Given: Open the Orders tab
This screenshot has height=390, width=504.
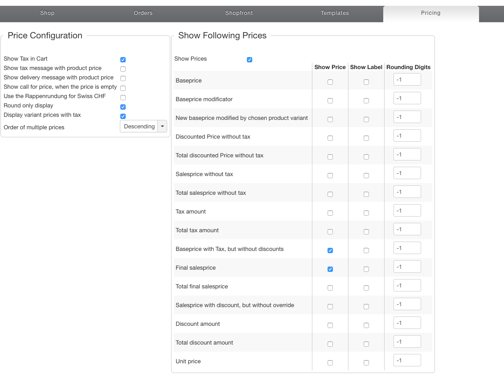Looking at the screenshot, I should [143, 13].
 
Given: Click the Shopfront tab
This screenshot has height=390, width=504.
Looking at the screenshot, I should [239, 13].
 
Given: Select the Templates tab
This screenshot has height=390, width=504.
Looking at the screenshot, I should [335, 13].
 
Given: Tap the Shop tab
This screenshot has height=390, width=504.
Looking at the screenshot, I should [47, 13].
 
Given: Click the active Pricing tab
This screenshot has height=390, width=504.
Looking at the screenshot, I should [430, 13].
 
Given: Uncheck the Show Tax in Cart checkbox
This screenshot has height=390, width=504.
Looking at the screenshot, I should [123, 60].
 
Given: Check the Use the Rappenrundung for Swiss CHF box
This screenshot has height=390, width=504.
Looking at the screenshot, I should [123, 98].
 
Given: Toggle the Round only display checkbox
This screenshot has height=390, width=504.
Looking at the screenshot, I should [123, 107].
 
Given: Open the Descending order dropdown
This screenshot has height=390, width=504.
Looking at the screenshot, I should [143, 127].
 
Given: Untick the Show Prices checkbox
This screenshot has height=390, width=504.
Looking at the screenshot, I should [250, 60].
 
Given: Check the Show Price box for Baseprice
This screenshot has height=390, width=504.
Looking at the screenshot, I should [330, 82].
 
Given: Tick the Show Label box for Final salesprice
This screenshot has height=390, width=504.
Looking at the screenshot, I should [366, 269].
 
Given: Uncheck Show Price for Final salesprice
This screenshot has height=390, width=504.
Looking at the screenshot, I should [330, 269].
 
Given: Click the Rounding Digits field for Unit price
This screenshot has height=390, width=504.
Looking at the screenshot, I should [407, 360].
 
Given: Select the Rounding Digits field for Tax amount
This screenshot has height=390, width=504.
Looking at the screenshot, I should [407, 210].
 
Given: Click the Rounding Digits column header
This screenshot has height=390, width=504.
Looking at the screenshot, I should [408, 67].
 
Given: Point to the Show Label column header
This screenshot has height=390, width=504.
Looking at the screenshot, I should [366, 67].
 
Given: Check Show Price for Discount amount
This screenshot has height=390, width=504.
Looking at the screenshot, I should [330, 325].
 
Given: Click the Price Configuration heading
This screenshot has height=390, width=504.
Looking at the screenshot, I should [45, 36].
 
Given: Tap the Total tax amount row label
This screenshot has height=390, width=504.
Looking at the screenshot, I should [197, 230].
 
